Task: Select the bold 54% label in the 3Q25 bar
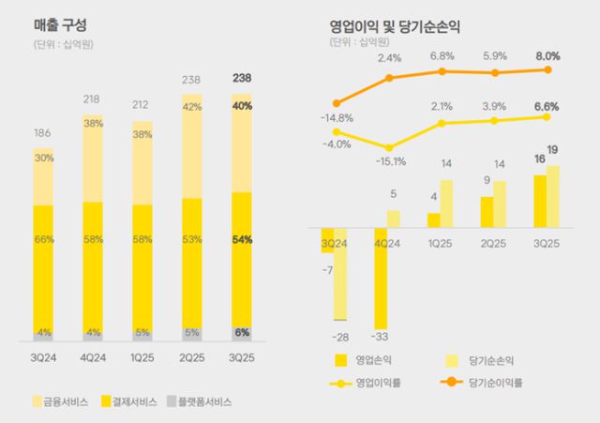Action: coord(242,240)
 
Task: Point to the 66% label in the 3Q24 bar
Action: coord(43,240)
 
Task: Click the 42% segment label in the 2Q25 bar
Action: coord(191,108)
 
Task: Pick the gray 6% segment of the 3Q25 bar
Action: coord(242,333)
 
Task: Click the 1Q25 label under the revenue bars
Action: coord(142,357)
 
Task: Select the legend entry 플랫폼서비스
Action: coord(202,400)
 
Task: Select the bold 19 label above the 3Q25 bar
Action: coord(553,150)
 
